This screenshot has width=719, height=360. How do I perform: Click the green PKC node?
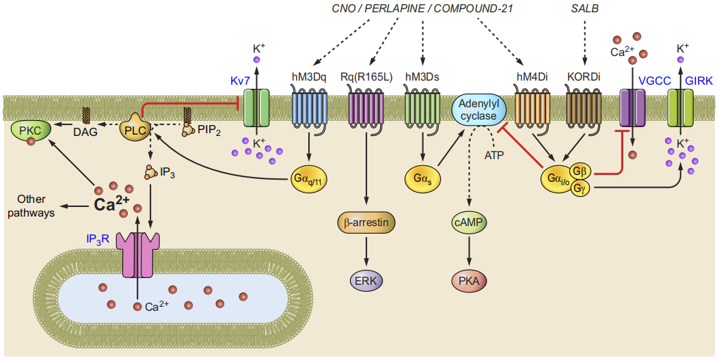coord(29,133)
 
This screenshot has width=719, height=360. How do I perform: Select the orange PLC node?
coord(136,128)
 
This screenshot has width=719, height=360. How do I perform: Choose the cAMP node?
coord(469,223)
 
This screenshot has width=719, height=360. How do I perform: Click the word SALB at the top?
coord(584,8)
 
